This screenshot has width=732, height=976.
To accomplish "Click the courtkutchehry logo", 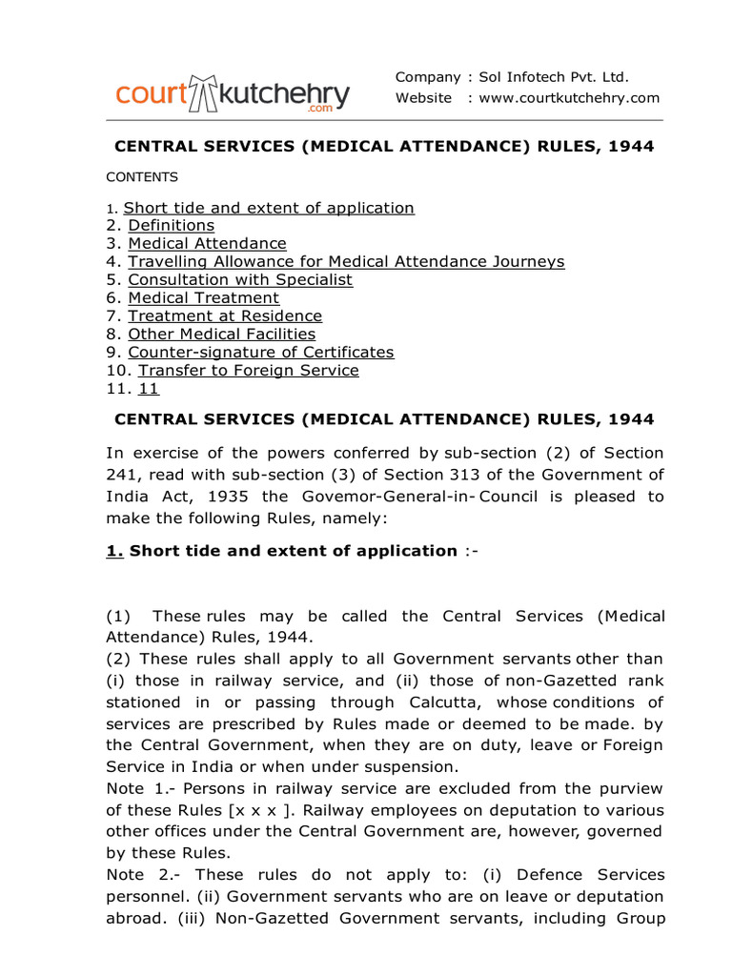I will pos(233,94).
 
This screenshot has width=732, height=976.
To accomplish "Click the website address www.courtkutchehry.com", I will pos(569,98).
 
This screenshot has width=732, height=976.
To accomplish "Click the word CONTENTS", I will pos(142,177).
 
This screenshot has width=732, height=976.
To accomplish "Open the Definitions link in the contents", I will pos(172,226).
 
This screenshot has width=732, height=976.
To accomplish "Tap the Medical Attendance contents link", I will pos(207,244).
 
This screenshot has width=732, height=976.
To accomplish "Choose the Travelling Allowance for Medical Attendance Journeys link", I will pos(346,262).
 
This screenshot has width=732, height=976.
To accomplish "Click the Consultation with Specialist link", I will pos(240,280).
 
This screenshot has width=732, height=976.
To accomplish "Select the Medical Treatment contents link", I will pos(204,298).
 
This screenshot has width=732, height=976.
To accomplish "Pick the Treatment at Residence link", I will pos(225,316).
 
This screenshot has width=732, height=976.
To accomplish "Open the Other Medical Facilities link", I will pos(222,335).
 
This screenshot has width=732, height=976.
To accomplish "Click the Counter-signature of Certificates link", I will pos(261,353).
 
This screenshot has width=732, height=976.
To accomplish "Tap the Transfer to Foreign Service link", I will pos(249,371).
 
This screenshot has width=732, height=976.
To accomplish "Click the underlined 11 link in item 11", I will pos(149,389).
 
